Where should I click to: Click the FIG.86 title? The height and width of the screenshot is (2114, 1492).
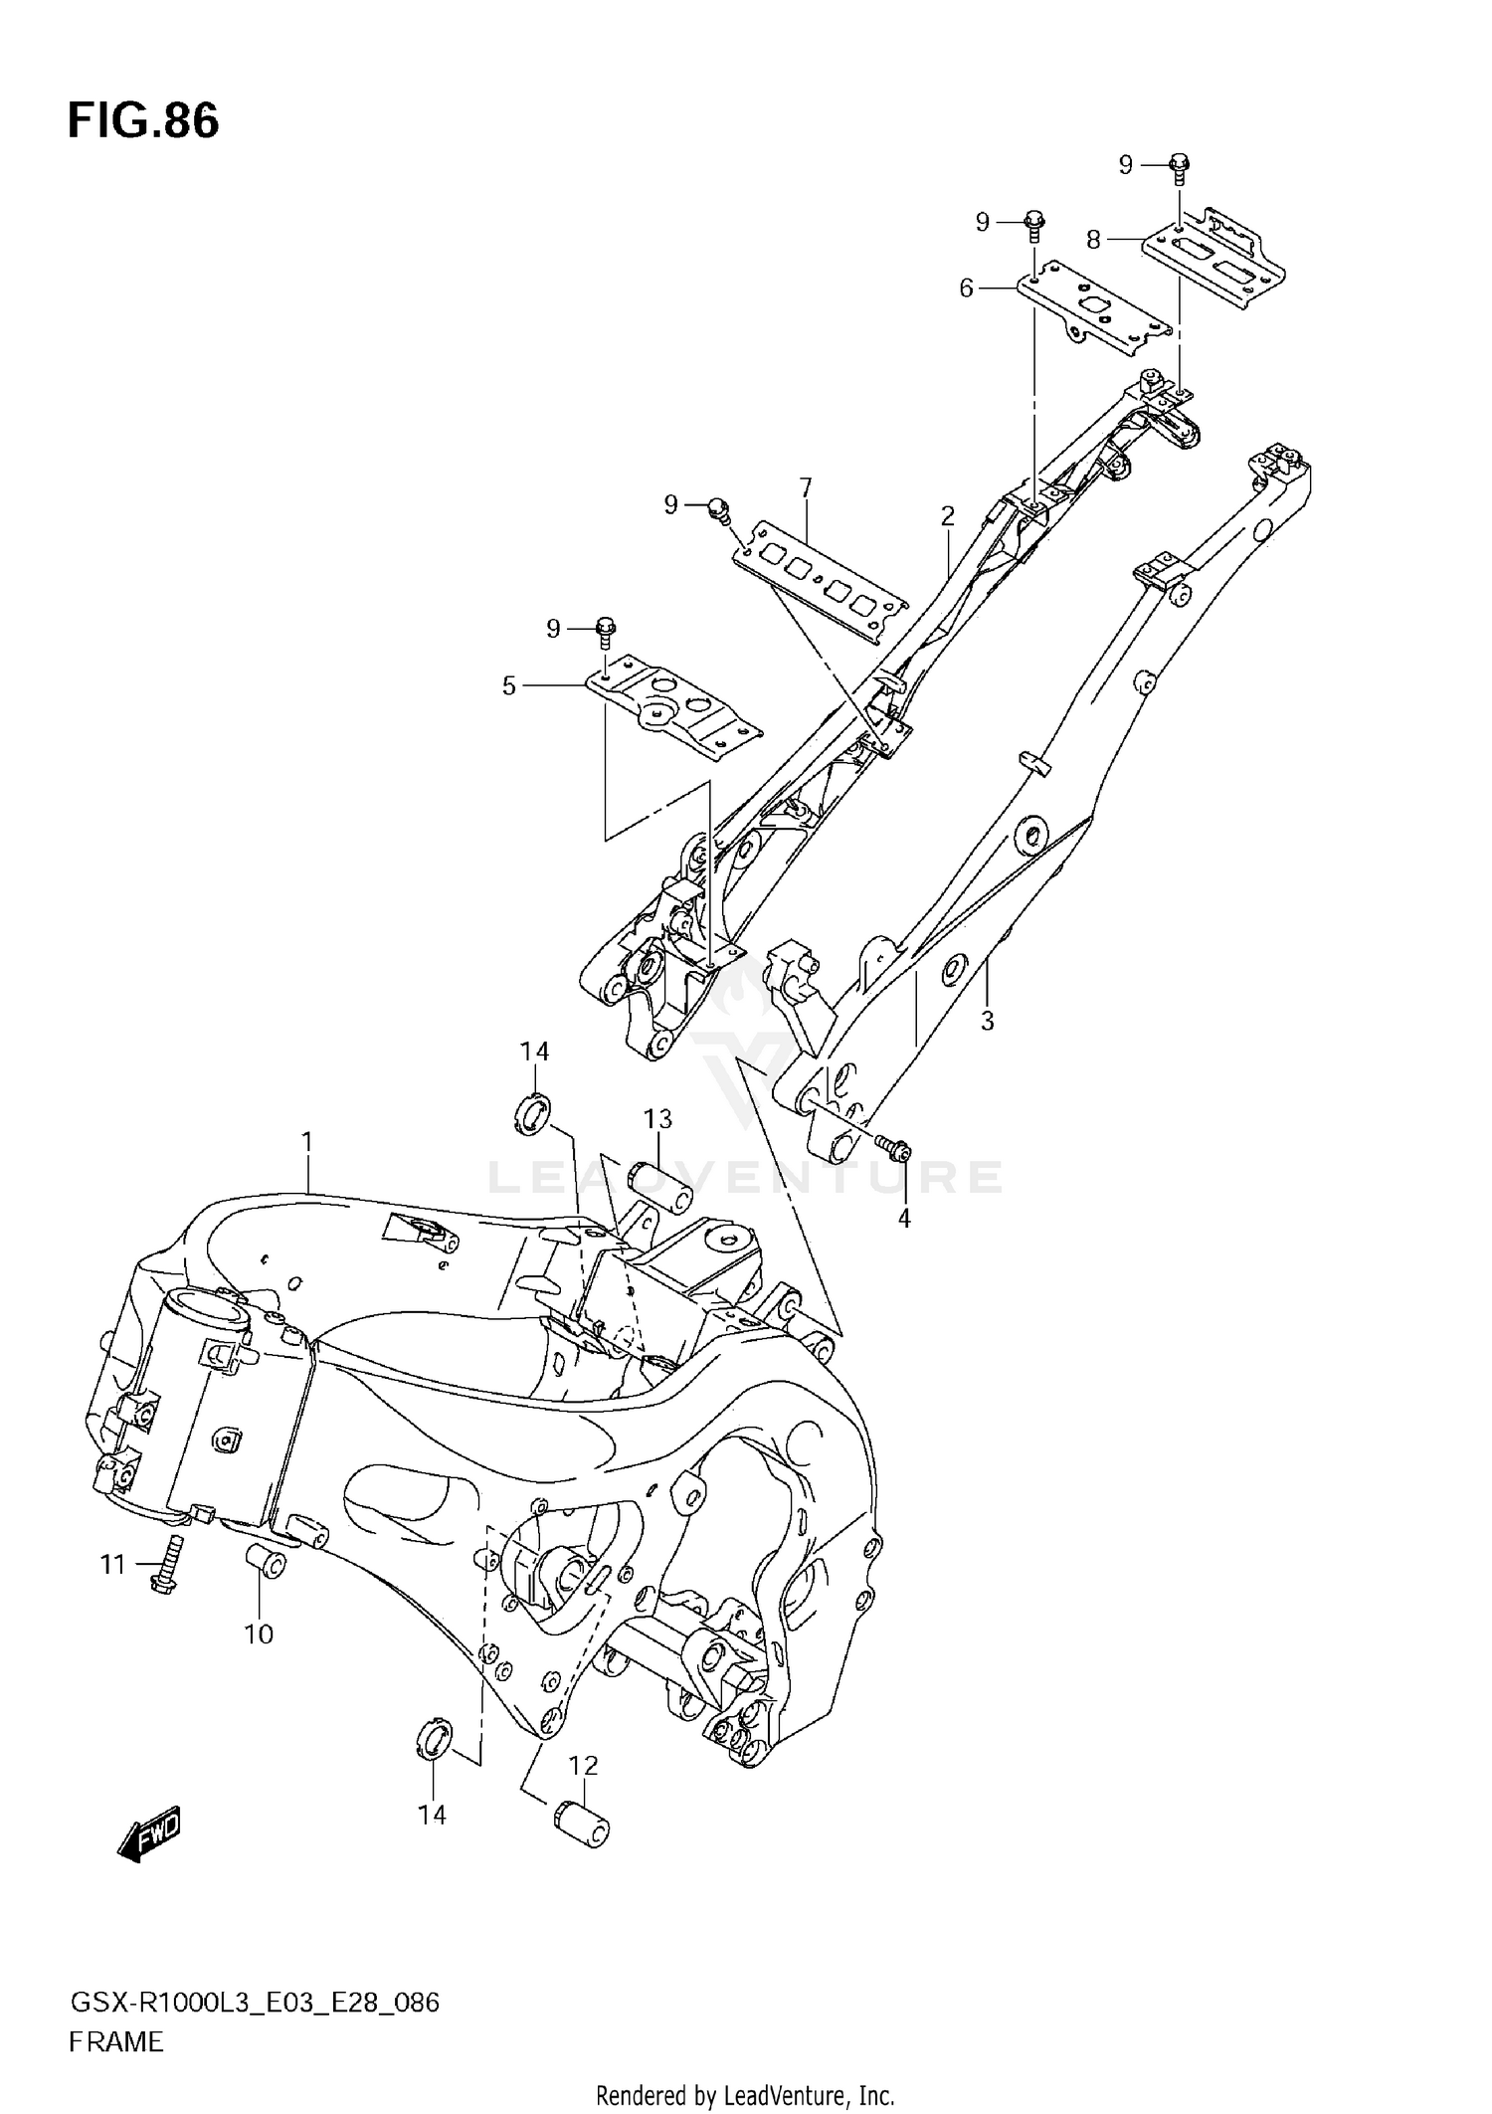[143, 121]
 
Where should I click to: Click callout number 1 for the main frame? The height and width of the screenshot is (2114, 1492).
[307, 1141]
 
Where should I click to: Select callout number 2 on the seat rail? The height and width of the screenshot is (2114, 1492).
[947, 516]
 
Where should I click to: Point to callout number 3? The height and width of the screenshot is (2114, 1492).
[987, 1021]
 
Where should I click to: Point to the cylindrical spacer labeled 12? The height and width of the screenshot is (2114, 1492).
[582, 1828]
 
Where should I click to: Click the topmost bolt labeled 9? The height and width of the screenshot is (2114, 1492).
[1179, 166]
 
